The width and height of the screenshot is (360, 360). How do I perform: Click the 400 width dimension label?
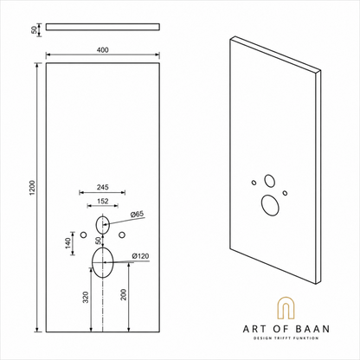click(103, 50)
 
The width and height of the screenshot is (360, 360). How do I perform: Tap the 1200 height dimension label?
click(32, 188)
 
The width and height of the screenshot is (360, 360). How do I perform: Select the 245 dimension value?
click(103, 187)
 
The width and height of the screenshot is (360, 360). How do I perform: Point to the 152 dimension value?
click(103, 201)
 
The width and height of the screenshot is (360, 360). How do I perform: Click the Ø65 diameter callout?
click(137, 214)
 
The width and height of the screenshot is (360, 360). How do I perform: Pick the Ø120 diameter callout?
click(140, 256)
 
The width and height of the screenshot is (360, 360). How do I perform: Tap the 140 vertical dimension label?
click(68, 243)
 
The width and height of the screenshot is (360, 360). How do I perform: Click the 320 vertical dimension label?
click(86, 298)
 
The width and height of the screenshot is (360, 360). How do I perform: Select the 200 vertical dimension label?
click(124, 294)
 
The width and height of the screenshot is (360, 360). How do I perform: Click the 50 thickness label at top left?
click(35, 29)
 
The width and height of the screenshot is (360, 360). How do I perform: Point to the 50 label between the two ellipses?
click(99, 240)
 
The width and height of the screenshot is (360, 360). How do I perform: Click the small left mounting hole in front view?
click(84, 235)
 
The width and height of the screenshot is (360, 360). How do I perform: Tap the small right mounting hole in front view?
click(122, 235)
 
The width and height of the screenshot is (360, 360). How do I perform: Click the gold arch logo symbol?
click(286, 298)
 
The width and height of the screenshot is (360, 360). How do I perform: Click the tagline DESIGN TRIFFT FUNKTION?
click(286, 338)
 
